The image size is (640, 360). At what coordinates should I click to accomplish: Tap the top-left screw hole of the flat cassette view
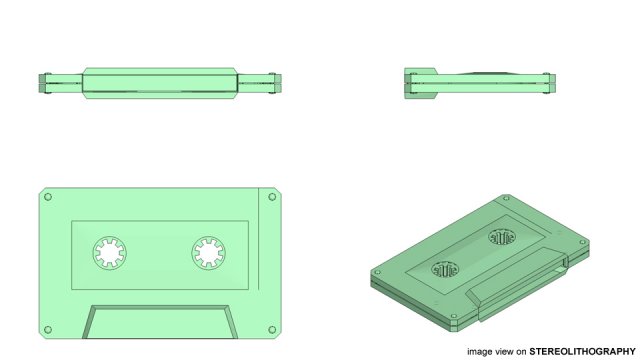click(x=47, y=197)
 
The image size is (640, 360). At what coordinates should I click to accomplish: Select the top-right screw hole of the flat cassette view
click(x=270, y=197)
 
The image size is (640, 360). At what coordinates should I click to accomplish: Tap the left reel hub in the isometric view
click(x=445, y=269)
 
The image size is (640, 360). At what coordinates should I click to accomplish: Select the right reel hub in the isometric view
click(x=501, y=238)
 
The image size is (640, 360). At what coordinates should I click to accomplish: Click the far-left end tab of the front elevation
click(x=42, y=82)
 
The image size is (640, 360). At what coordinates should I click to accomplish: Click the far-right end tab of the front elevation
click(x=278, y=82)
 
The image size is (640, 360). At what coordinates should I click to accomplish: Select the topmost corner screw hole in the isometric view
click(x=505, y=199)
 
